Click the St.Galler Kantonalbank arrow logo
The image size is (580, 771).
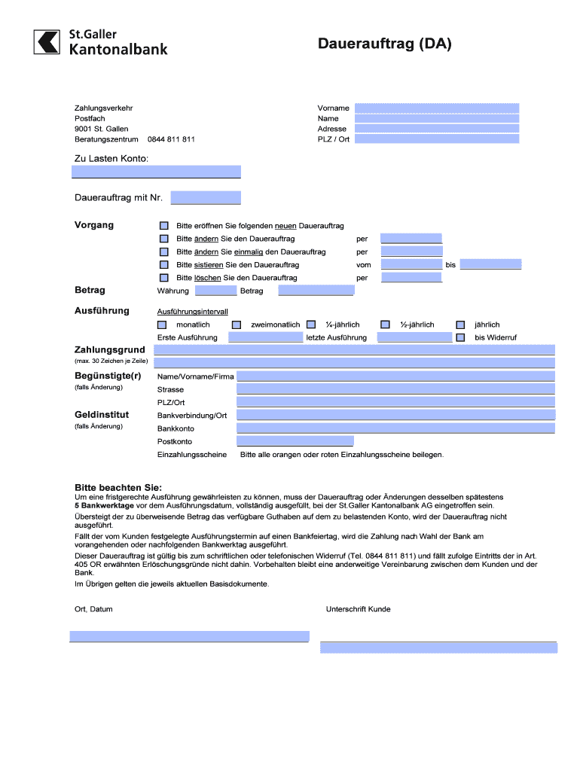pyautogui.click(x=47, y=41)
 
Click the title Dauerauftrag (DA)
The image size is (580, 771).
pyautogui.click(x=384, y=44)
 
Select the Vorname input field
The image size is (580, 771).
pyautogui.click(x=436, y=108)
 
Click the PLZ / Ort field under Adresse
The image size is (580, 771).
pyautogui.click(x=436, y=139)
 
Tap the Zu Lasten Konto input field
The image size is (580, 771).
pyautogui.click(x=156, y=172)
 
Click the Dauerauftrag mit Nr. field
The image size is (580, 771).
pyautogui.click(x=206, y=198)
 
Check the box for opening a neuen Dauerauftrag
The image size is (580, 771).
pyautogui.click(x=164, y=226)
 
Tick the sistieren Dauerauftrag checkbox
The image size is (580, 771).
pyautogui.click(x=164, y=265)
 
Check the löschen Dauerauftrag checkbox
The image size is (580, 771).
pyautogui.click(x=164, y=278)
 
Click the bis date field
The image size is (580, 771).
pyautogui.click(x=490, y=265)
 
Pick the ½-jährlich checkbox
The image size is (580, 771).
pyautogui.click(x=385, y=325)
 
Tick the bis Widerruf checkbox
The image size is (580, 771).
pyautogui.click(x=460, y=337)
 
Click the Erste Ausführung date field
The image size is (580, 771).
pyautogui.click(x=265, y=337)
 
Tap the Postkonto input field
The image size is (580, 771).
pyautogui.click(x=295, y=441)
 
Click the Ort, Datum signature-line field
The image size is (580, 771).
pyautogui.click(x=189, y=636)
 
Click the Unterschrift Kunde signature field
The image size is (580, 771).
pyautogui.click(x=438, y=647)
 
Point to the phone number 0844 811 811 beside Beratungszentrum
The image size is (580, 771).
pyautogui.click(x=171, y=139)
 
